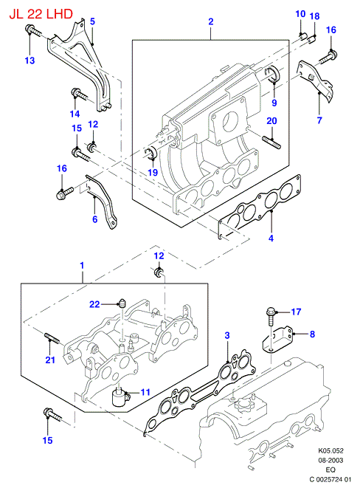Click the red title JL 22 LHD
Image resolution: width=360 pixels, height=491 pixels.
coord(41,14)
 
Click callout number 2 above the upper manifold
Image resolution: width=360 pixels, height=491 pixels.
coord(211,21)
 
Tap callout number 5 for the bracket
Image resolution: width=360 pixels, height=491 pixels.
coord(92,21)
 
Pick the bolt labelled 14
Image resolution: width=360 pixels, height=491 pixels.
coord(80,94)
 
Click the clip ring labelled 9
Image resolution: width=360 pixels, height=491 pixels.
coord(272,74)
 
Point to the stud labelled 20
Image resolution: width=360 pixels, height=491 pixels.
coord(272,142)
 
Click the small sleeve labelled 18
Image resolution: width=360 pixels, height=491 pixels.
coord(312,40)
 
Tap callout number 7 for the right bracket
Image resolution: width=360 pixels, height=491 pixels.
coord(319,120)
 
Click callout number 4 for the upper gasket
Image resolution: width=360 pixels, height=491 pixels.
coord(271,238)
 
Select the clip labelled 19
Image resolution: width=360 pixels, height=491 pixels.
coord(151,153)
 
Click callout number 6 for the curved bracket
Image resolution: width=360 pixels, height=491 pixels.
coord(94,219)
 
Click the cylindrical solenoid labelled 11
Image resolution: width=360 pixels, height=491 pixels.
coord(120,398)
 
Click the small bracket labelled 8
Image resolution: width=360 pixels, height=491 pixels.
coord(277,339)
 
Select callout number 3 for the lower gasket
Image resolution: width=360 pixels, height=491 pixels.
coord(227,335)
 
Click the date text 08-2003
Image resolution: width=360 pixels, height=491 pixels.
coord(330,460)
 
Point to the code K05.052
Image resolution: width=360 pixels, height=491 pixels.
coord(330,451)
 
